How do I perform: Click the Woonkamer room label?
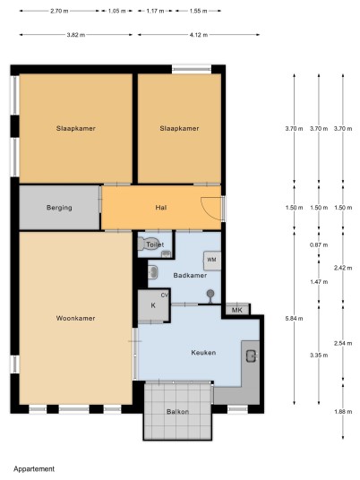tap(75, 319)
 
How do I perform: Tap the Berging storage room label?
tap(59, 208)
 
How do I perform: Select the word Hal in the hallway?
tap(161, 208)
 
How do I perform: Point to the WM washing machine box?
tap(212, 261)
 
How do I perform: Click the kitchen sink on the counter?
tap(252, 356)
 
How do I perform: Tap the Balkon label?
tap(177, 412)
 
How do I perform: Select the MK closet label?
tap(237, 310)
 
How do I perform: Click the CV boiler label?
tap(165, 296)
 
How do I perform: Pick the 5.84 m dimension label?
tap(295, 319)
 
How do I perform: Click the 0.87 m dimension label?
tap(319, 244)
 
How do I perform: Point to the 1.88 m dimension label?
tap(343, 412)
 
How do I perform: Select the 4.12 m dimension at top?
tap(199, 35)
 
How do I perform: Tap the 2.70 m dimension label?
tap(59, 11)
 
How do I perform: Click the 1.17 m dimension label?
tap(156, 11)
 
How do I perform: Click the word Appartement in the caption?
tap(34, 469)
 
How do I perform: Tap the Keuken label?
tap(203, 353)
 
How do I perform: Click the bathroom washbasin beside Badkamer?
tap(153, 272)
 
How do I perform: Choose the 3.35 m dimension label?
tap(319, 356)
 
